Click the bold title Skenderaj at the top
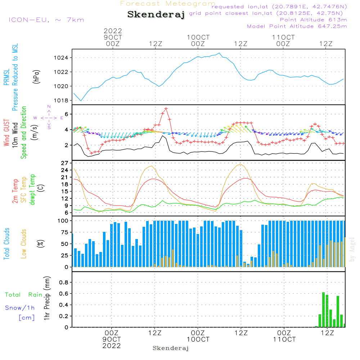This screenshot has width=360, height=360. click(156, 15)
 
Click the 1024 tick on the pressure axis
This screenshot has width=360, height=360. click(63, 58)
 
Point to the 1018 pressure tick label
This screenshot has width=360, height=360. click(63, 100)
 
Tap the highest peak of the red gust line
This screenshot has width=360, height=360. click(166, 108)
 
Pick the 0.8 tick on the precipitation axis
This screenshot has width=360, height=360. click(64, 282)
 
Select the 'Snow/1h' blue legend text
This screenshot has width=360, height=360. click(20, 308)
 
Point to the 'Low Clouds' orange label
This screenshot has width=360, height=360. click(24, 244)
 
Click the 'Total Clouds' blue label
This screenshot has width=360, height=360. click(7, 244)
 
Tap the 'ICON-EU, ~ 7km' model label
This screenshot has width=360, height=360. click(46, 20)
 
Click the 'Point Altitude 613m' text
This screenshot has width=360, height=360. click(313, 19)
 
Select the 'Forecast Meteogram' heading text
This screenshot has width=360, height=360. click(168, 4)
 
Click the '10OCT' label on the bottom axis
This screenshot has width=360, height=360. click(198, 339)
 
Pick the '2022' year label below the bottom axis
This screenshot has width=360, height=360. click(112, 346)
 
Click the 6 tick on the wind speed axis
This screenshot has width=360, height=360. click(66, 114)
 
